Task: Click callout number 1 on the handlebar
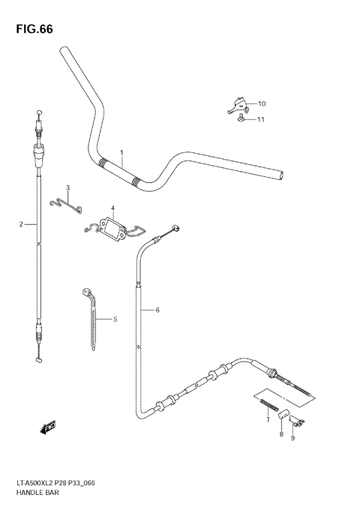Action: pos(121,152)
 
